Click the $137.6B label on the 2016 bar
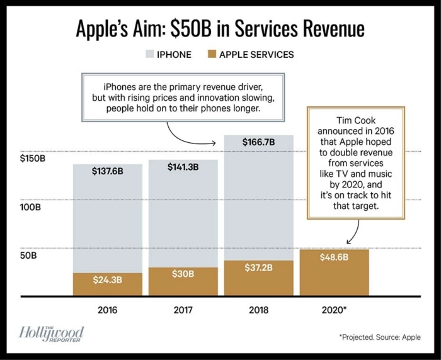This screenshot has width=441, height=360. pyautogui.click(x=107, y=171)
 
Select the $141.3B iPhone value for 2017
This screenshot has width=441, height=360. pyautogui.click(x=183, y=167)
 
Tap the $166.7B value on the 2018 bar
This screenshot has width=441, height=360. pyautogui.click(x=258, y=142)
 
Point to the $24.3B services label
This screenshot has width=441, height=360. pyautogui.click(x=107, y=279)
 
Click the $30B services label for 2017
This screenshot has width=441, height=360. pyautogui.click(x=183, y=274)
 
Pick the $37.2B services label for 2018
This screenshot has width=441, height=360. pyautogui.click(x=258, y=267)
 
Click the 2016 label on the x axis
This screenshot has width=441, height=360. pyautogui.click(x=107, y=310)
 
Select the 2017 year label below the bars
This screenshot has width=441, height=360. pyautogui.click(x=183, y=310)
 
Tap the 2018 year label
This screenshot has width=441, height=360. pyautogui.click(x=258, y=310)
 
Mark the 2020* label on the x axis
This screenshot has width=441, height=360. pyautogui.click(x=335, y=310)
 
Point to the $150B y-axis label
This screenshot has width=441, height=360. pyautogui.click(x=33, y=158)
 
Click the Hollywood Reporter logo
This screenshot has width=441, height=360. pyautogui.click(x=52, y=334)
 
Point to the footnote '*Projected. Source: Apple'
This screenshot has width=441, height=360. pyautogui.click(x=380, y=337)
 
